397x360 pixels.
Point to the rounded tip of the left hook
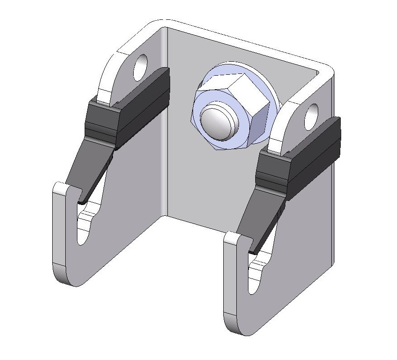click(x=61, y=187)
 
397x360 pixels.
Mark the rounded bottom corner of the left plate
click(x=68, y=279)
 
